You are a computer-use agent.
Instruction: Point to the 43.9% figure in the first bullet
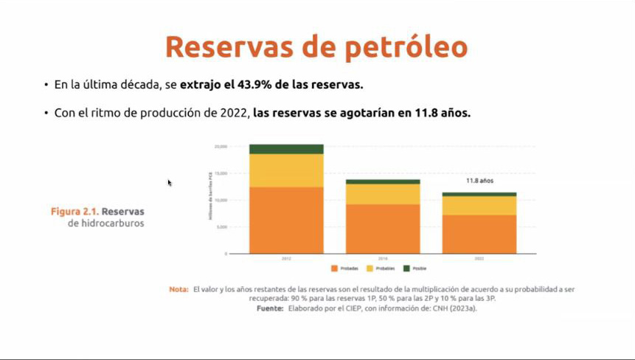click(x=254, y=85)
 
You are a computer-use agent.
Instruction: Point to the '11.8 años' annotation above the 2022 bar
click(x=479, y=180)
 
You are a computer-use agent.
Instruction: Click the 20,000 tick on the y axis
click(x=221, y=146)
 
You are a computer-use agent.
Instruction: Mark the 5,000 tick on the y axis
click(x=221, y=227)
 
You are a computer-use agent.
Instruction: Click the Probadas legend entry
click(x=346, y=269)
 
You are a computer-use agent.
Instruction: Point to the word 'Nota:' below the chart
click(x=178, y=289)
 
